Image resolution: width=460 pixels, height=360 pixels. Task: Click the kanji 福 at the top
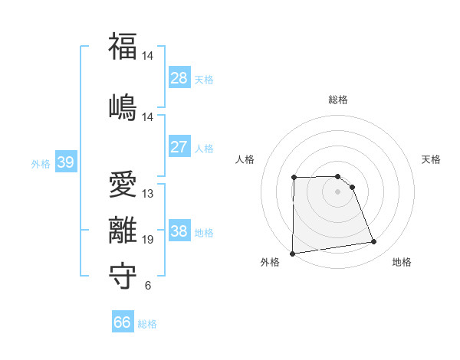(123, 47)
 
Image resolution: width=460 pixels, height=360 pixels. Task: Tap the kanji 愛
(123, 185)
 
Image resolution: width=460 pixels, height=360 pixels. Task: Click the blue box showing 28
(179, 78)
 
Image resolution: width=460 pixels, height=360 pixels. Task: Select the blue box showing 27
(179, 147)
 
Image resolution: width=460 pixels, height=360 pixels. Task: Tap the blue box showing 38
(179, 231)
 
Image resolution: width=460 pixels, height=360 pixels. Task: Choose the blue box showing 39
(65, 162)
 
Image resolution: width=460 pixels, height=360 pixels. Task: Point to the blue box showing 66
(123, 322)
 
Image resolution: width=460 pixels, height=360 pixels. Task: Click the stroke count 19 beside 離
(148, 240)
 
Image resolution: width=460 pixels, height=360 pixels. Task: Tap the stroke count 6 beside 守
(148, 286)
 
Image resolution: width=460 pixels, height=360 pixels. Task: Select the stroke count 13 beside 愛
(148, 194)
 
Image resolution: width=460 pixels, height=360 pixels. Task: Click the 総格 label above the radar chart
(338, 100)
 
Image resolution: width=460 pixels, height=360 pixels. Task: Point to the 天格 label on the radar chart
(432, 159)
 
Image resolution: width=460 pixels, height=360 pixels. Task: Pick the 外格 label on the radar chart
(270, 262)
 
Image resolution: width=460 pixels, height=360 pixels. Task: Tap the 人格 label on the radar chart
(245, 159)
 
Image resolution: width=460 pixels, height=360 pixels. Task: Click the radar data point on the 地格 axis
(374, 242)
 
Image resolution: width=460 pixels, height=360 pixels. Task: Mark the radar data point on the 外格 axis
(292, 254)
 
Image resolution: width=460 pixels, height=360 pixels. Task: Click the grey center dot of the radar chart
(338, 191)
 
